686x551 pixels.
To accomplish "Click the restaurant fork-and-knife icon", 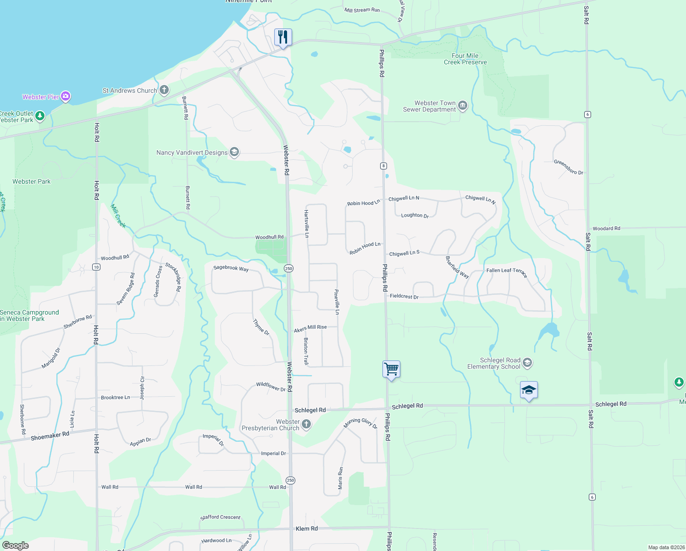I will (283, 37).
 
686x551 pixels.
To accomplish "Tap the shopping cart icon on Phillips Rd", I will (391, 369).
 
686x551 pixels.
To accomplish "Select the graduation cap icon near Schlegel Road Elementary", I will (529, 390).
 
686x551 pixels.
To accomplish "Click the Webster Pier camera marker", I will (66, 96).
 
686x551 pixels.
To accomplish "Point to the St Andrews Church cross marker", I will (164, 90).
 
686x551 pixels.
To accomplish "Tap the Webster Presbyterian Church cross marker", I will (306, 424).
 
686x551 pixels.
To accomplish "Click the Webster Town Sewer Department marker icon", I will (463, 106).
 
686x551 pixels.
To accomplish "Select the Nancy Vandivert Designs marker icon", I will (234, 152).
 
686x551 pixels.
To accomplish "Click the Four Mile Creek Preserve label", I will (465, 59).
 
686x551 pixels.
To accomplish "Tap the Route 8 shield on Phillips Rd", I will (383, 166).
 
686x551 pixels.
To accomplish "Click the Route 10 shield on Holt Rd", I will (96, 267).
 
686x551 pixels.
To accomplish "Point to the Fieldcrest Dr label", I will (404, 296).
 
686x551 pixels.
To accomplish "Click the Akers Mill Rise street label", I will (310, 328).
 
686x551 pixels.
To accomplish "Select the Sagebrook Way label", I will (231, 268).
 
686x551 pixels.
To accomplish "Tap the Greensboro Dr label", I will (568, 167).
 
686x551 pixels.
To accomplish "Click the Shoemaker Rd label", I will (50, 435).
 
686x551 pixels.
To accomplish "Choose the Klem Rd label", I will (306, 529).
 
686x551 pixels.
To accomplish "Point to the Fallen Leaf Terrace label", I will (507, 272).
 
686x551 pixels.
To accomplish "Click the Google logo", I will (16, 545).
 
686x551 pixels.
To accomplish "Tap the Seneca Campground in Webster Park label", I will (29, 315).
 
